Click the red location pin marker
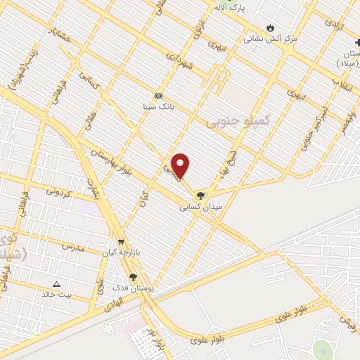(x=181, y=165)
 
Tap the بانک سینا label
(x=158, y=108)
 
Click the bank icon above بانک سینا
(x=158, y=96)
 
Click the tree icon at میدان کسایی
(x=202, y=195)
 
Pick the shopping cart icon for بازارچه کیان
(x=122, y=240)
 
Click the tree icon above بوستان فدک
(x=134, y=278)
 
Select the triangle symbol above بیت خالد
(x=56, y=284)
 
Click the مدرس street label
(x=72, y=247)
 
